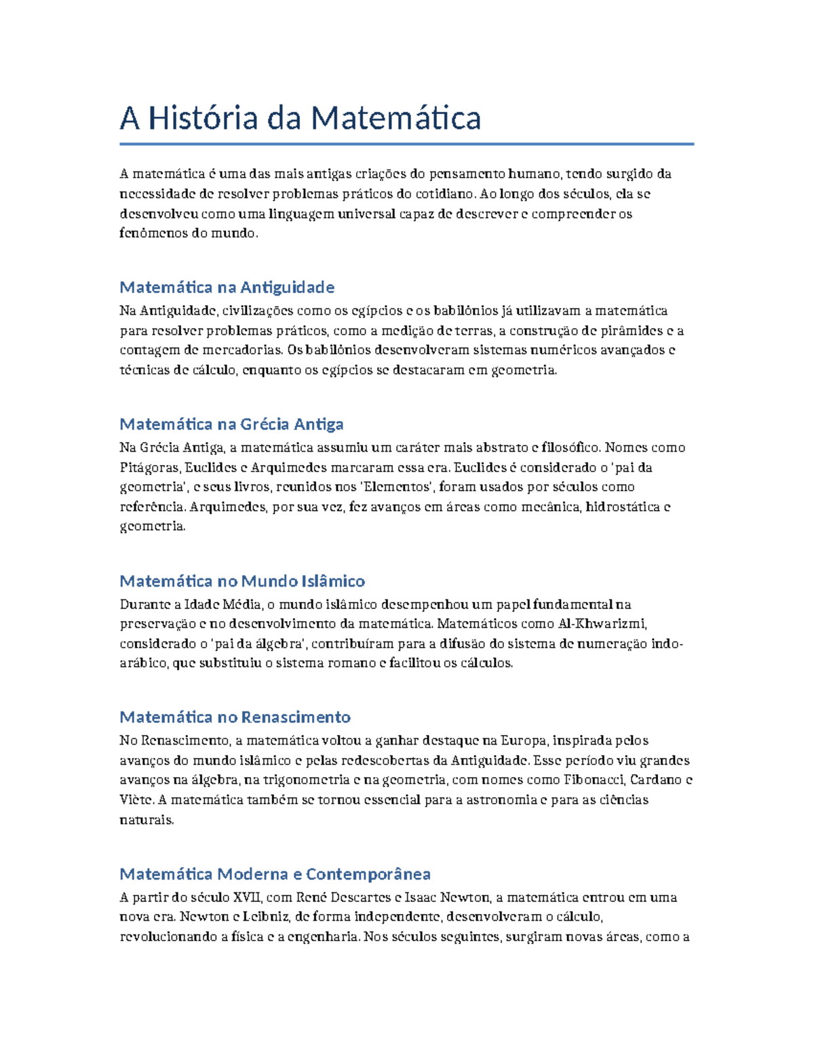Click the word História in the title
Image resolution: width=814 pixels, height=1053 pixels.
pyautogui.click(x=203, y=118)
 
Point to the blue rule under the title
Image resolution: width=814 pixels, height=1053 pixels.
pyautogui.click(x=406, y=144)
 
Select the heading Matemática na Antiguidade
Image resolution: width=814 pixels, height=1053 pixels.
pyautogui.click(x=227, y=287)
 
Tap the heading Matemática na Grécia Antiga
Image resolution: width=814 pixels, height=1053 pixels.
pyautogui.click(x=231, y=424)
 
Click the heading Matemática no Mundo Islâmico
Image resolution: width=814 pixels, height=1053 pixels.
pyautogui.click(x=242, y=581)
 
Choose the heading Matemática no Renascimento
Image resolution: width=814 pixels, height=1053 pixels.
pyautogui.click(x=235, y=717)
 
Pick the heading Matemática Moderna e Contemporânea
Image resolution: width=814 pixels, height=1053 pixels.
pyautogui.click(x=275, y=874)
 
